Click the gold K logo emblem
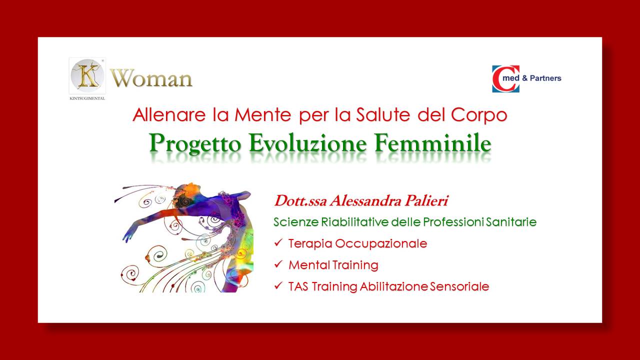point(87,75)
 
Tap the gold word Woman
point(151,78)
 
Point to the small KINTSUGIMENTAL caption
point(87,98)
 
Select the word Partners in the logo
point(545,78)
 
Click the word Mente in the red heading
point(263,115)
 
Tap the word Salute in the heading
point(383,115)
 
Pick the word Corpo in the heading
point(479,115)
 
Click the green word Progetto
point(195,143)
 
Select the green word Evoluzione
point(308,143)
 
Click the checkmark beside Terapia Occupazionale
point(278,242)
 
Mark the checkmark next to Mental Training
point(278,264)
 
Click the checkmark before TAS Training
point(278,285)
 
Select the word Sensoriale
point(459,286)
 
